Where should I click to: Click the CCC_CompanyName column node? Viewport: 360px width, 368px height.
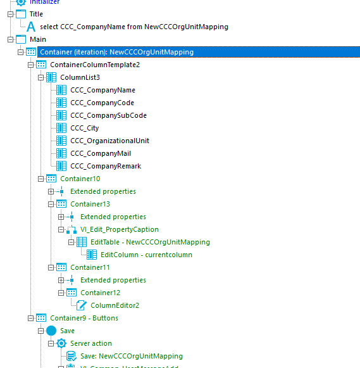pyautogui.click(x=102, y=90)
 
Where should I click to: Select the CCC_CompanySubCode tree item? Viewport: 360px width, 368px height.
pyautogui.click(x=108, y=115)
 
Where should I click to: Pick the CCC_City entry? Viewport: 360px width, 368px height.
pyautogui.click(x=85, y=128)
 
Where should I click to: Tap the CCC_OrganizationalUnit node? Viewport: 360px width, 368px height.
pyautogui.click(x=109, y=141)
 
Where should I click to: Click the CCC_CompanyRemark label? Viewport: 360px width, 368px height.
pyautogui.click(x=105, y=166)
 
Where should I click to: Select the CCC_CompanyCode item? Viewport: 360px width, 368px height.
pyautogui.click(x=102, y=103)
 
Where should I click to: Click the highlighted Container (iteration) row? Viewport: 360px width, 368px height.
pyautogui.click(x=116, y=52)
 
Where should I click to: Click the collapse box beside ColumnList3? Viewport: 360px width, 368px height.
pyautogui.click(x=41, y=77)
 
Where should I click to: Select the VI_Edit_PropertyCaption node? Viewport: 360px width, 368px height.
pyautogui.click(x=120, y=229)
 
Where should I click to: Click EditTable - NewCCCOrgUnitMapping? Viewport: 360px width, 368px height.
pyautogui.click(x=150, y=242)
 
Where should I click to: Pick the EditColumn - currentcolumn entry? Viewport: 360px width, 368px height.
pyautogui.click(x=146, y=255)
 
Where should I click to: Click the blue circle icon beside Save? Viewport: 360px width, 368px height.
pyautogui.click(x=51, y=331)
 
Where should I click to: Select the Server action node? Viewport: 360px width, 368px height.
pyautogui.click(x=90, y=343)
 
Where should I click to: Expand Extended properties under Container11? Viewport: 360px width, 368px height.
pyautogui.click(x=61, y=280)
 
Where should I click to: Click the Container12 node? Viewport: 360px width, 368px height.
pyautogui.click(x=100, y=293)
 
